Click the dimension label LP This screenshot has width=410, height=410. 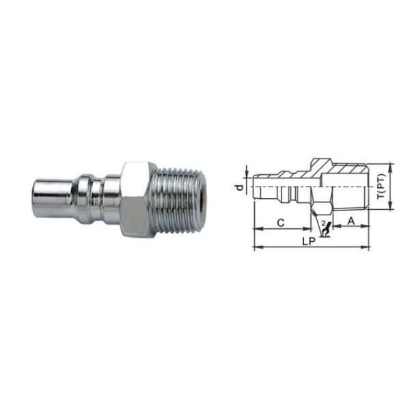tap(309, 241)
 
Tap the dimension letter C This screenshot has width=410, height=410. tap(281, 223)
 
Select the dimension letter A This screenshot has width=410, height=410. tap(351, 221)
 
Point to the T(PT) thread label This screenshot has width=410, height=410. tap(381, 186)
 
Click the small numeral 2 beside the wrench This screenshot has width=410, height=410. tap(324, 223)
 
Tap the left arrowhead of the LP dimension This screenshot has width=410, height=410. tap(258, 247)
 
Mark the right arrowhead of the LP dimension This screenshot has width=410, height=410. tap(365, 247)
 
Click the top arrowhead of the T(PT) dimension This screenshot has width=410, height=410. tap(391, 166)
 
